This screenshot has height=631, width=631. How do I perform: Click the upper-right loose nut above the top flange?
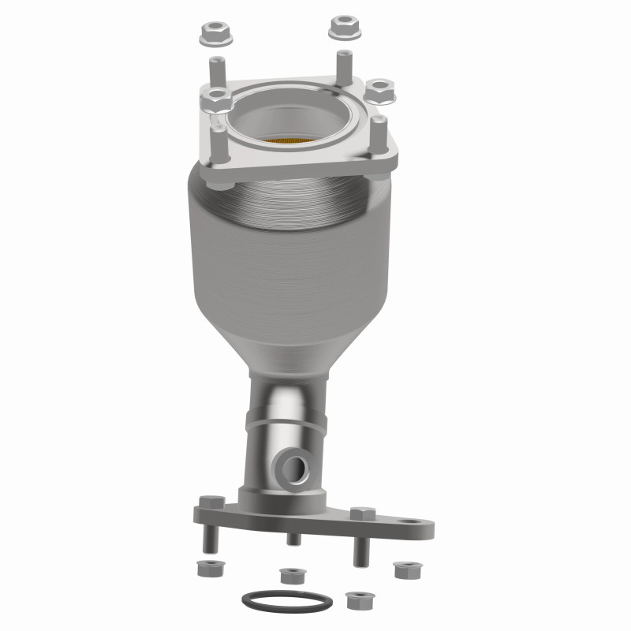click(345, 28)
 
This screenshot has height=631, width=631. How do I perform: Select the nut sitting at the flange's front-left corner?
click(215, 100)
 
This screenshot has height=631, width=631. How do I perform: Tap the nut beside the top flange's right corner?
click(380, 91)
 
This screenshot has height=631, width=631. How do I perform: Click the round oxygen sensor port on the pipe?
click(297, 467)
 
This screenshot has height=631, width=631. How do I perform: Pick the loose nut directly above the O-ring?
click(293, 573)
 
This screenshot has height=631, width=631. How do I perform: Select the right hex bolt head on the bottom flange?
click(361, 513)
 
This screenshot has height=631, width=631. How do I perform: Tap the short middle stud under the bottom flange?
click(293, 539)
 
